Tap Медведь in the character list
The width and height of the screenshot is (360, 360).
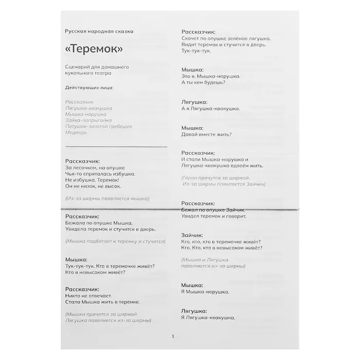click(76, 132)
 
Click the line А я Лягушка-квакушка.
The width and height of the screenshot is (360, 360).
click(211, 109)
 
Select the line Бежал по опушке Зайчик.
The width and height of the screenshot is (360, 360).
click(213, 210)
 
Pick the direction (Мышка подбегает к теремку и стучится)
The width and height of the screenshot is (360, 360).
click(115, 241)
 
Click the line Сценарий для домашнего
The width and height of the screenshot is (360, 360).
click(97, 67)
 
